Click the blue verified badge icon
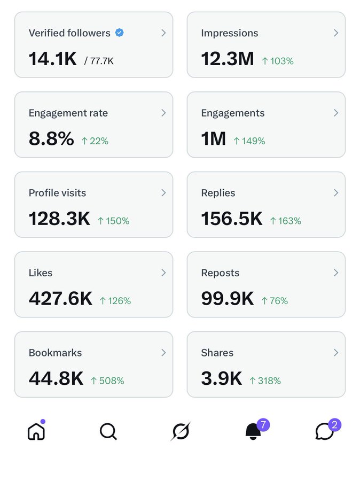click(120, 33)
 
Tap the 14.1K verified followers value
click(52, 59)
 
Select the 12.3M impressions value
click(227, 59)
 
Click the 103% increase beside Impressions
click(278, 61)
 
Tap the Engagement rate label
click(68, 113)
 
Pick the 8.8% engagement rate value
click(51, 139)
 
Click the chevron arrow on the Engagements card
click(336, 113)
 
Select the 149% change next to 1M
click(249, 141)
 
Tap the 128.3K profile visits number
click(59, 219)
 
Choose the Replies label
click(218, 193)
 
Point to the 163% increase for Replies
click(286, 221)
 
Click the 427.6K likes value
click(60, 299)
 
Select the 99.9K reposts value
click(227, 299)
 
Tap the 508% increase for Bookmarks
click(107, 381)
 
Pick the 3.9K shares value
click(221, 378)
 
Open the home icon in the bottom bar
click(36, 431)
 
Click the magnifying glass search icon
click(108, 431)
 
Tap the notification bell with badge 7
click(253, 431)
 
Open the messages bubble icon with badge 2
click(325, 431)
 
